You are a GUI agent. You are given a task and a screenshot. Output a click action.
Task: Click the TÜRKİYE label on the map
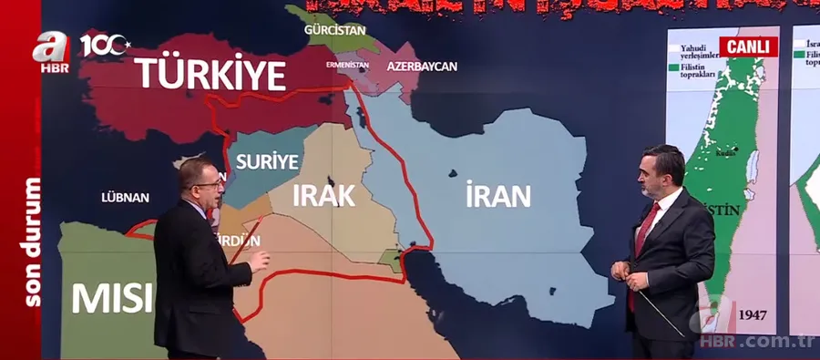click(x=211, y=73)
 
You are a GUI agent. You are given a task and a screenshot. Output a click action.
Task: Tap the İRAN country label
click(x=497, y=196)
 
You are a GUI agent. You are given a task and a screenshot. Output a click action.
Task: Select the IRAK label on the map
click(x=323, y=196)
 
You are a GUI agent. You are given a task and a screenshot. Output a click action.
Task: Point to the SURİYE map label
click(x=267, y=162)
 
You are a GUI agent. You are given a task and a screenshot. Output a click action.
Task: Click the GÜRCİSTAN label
click(x=335, y=30)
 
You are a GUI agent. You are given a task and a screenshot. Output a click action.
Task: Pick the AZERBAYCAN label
click(x=421, y=67)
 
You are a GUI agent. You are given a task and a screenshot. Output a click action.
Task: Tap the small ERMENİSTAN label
click(x=347, y=65)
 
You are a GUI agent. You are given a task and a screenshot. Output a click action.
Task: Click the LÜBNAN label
click(x=125, y=196)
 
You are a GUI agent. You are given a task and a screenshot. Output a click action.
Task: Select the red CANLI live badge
click(x=749, y=46)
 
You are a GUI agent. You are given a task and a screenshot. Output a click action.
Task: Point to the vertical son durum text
click(x=34, y=242)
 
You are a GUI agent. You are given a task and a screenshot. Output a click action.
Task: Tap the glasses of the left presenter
click(x=209, y=183)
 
